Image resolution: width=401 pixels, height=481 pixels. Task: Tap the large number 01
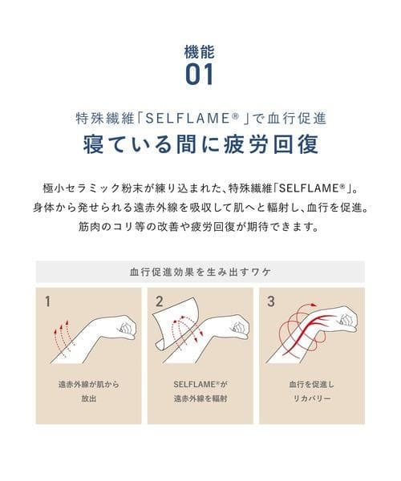pyautogui.click(x=200, y=75)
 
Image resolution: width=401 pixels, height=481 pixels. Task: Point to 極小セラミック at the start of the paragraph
pyautogui.click(x=80, y=188)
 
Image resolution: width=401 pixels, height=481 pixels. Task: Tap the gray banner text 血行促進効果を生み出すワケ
pyautogui.click(x=200, y=272)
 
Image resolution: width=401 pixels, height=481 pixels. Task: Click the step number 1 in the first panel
pyautogui.click(x=48, y=302)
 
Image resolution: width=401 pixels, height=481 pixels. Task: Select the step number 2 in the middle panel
pyautogui.click(x=159, y=302)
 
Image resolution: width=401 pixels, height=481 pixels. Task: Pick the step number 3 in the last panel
pyautogui.click(x=271, y=302)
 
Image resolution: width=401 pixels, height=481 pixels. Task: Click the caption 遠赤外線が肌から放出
pyautogui.click(x=89, y=391)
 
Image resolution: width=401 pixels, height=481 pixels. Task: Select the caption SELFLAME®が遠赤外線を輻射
pyautogui.click(x=200, y=391)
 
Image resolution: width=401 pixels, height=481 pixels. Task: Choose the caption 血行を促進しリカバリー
pyautogui.click(x=312, y=391)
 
